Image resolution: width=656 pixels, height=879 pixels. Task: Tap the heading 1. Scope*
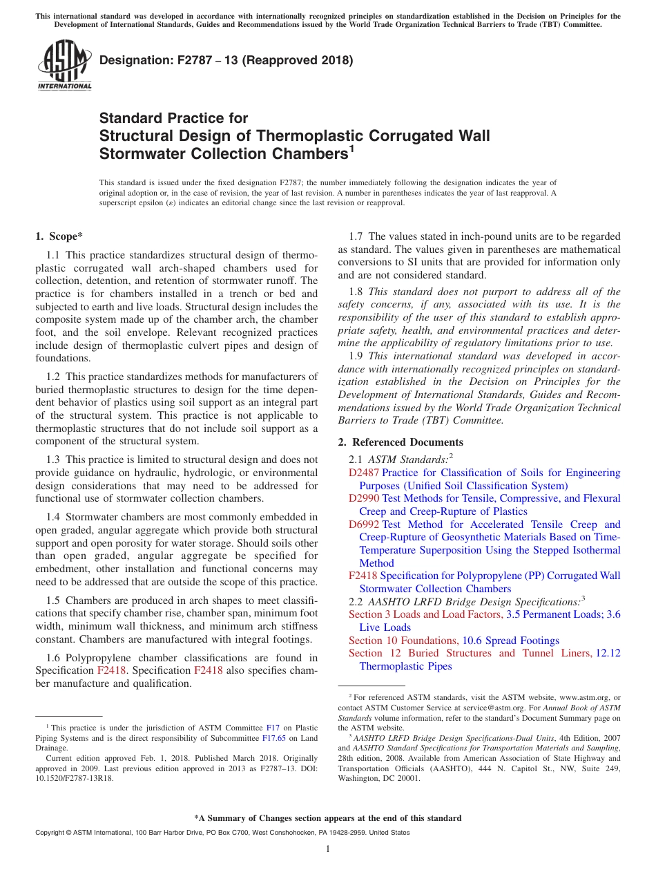59,236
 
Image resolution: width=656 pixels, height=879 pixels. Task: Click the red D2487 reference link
364,473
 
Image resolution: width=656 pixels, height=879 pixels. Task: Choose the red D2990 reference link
364,498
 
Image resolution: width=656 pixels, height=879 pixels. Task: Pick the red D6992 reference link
364,524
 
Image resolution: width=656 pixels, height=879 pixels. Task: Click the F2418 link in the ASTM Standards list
363,576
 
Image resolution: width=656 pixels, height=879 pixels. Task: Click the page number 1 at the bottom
328,849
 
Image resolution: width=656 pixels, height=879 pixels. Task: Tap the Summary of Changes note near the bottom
328,818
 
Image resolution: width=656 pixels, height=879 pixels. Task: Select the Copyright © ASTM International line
221,833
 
